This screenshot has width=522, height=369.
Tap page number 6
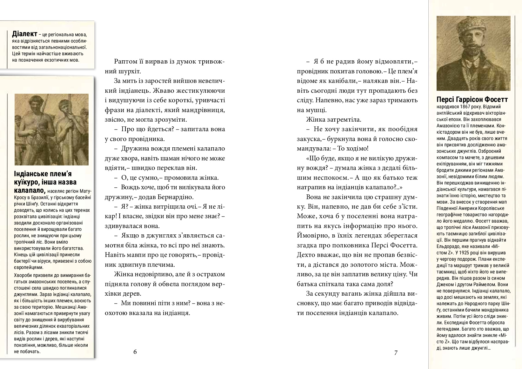[135, 352]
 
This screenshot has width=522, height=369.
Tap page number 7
[396, 352]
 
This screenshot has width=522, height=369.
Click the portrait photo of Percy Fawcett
[473, 53]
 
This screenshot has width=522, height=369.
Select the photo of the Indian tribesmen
[51, 130]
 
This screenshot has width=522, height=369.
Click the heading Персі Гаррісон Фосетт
[472, 99]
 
